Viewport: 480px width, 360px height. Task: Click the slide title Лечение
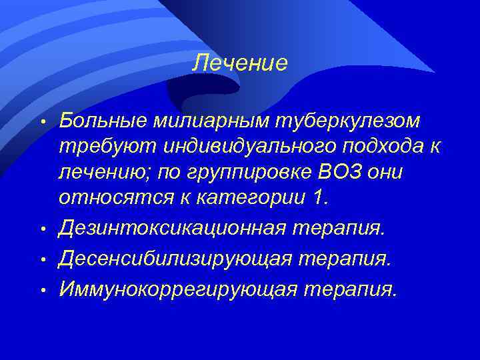pyautogui.click(x=240, y=63)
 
